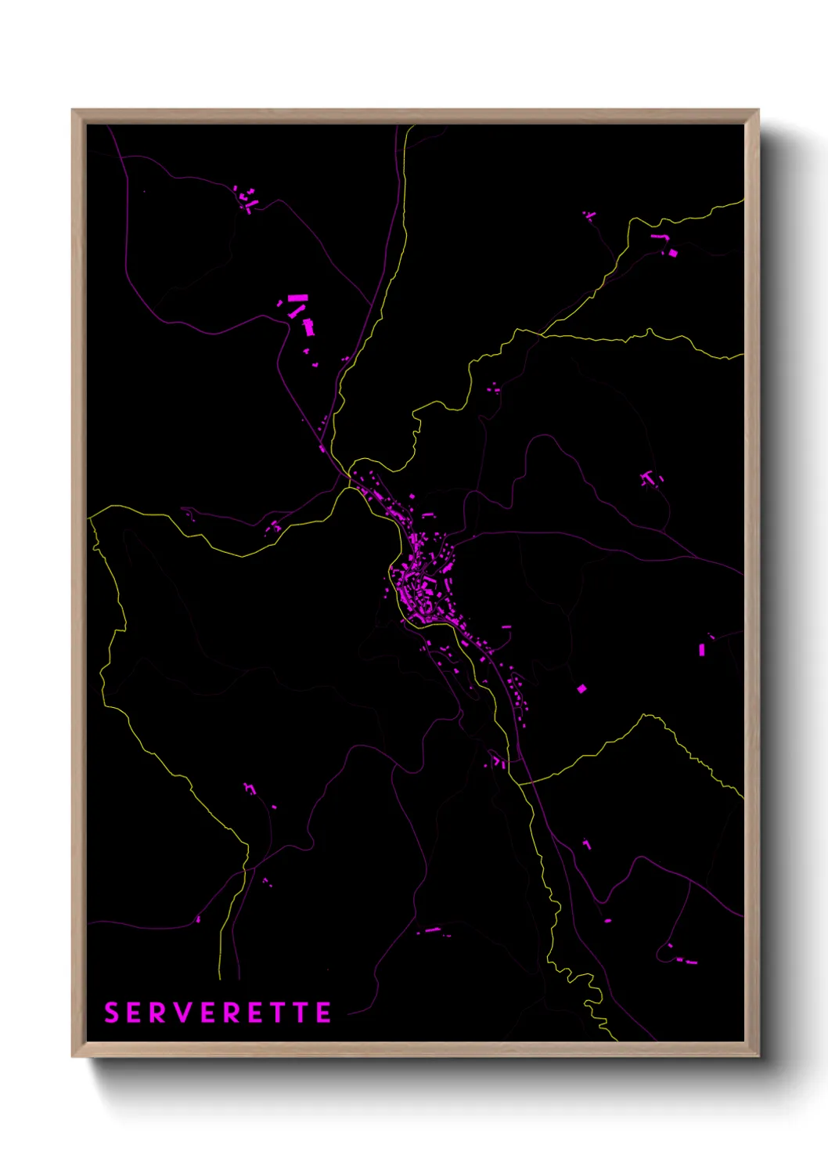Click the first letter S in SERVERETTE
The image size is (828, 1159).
click(x=111, y=1013)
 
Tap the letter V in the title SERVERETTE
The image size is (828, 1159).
click(x=185, y=1013)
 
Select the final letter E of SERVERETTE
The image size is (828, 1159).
click(x=323, y=1013)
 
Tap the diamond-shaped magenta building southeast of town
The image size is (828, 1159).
click(x=581, y=689)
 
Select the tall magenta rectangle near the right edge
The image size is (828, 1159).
click(x=702, y=649)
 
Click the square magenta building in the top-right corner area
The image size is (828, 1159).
click(x=672, y=253)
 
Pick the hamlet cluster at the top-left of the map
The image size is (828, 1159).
click(x=247, y=200)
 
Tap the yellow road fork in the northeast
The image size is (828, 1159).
click(x=541, y=334)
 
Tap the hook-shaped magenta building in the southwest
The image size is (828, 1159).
click(x=250, y=789)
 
